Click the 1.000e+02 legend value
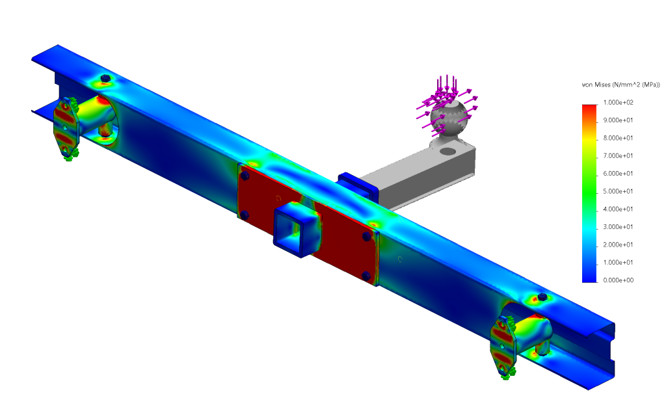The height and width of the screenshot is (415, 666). [x=618, y=102]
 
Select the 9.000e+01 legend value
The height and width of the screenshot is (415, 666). [x=618, y=120]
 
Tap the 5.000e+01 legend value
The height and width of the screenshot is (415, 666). [x=618, y=191]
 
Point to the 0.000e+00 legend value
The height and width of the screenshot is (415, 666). [x=618, y=280]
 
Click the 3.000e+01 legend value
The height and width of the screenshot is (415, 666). [x=618, y=227]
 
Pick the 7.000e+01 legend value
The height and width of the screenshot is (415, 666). [x=618, y=156]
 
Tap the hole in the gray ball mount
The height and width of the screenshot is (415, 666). [x=447, y=151]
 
